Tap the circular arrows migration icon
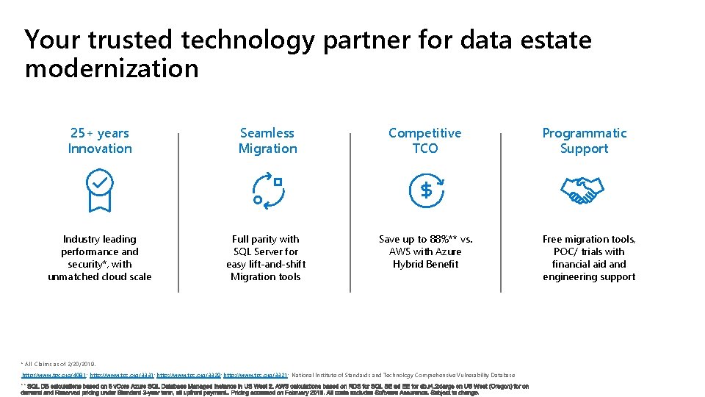267,190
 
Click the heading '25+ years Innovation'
100,140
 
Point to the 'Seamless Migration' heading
267,140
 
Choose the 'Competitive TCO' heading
424,140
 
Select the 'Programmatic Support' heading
585,140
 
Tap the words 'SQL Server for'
266,251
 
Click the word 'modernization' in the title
112,68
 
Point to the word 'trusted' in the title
140,39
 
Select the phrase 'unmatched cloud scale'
100,276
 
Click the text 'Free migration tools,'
589,239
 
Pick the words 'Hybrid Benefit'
426,264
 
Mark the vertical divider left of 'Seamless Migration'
178,212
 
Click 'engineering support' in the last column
589,276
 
